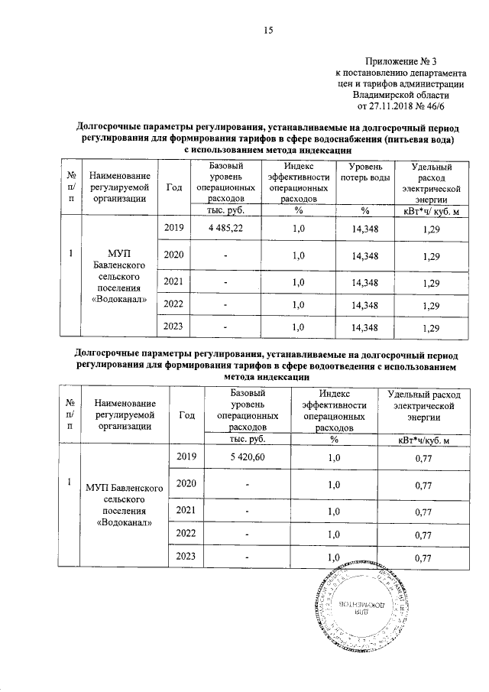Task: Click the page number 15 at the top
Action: tap(268, 30)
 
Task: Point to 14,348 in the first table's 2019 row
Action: tap(365, 229)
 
